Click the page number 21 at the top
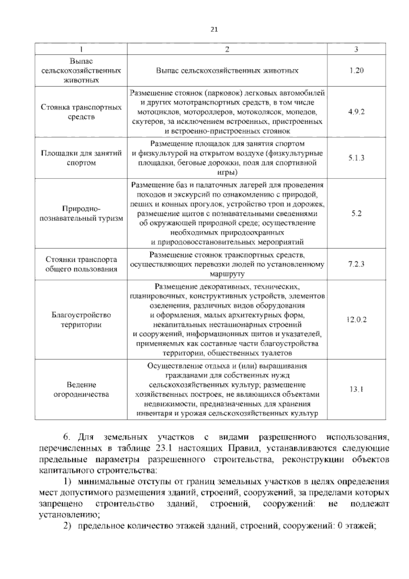214,29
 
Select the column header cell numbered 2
227,49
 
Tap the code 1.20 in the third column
356,71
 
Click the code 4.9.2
356,112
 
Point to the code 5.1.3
356,158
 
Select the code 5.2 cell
356,213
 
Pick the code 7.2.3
356,264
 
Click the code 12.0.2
356,320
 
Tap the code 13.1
356,389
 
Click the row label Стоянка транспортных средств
81,112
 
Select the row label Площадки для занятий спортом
81,158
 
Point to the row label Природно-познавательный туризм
81,213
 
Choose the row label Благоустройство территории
81,320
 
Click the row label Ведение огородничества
81,390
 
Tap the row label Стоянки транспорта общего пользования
81,264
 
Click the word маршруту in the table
227,274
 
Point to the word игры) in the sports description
227,172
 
